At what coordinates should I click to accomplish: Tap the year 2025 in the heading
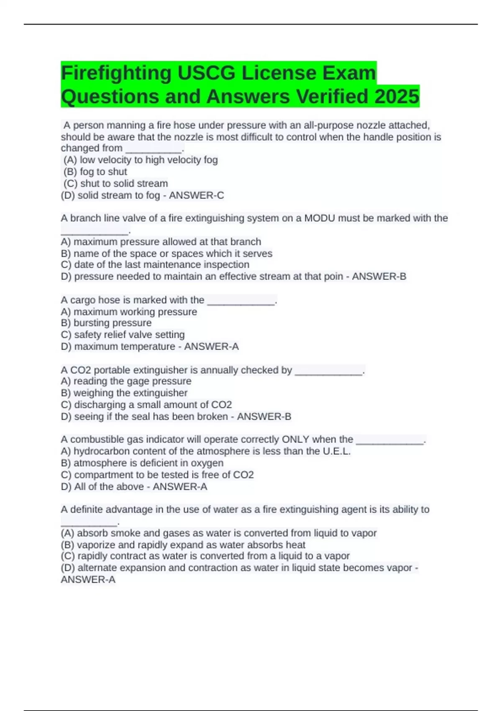click(x=397, y=97)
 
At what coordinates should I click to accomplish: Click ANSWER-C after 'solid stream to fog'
click(x=197, y=195)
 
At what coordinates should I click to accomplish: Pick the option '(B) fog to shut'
click(x=95, y=172)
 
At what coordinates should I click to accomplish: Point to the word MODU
click(x=320, y=218)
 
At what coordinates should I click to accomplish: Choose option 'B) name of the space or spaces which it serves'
click(x=166, y=253)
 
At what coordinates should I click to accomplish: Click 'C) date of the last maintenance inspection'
click(x=155, y=265)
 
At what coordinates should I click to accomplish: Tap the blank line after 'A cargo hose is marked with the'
click(x=241, y=301)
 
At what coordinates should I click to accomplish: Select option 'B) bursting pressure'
click(x=106, y=323)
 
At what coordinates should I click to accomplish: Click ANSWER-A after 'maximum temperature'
click(x=211, y=347)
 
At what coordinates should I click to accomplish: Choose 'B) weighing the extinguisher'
click(x=124, y=393)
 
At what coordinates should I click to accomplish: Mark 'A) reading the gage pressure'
click(x=126, y=381)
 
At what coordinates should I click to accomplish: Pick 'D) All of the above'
click(x=102, y=487)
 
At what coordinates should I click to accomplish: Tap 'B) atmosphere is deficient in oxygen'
click(x=142, y=463)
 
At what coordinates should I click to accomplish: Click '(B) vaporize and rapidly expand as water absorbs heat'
click(x=183, y=545)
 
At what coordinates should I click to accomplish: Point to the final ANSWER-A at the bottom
click(x=88, y=580)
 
